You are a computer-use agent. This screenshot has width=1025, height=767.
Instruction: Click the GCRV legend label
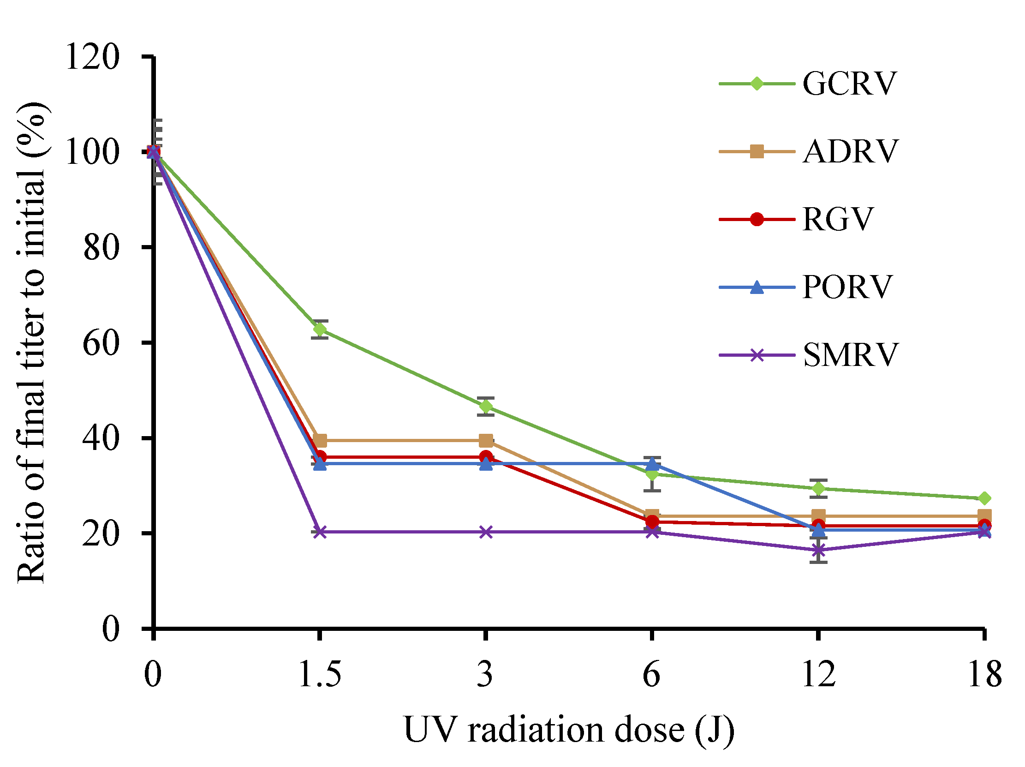point(849,84)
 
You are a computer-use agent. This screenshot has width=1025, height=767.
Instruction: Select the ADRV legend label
point(850,151)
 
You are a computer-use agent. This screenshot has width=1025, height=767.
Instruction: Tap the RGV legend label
point(838,219)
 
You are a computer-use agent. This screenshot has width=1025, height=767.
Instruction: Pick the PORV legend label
point(847,287)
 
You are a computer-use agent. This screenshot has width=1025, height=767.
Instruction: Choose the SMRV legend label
point(850,355)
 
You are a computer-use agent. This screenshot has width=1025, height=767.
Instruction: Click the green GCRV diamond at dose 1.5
point(320,330)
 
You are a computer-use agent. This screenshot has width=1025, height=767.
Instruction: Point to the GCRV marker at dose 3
point(486,407)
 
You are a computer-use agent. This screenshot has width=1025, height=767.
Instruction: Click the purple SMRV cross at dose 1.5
point(320,532)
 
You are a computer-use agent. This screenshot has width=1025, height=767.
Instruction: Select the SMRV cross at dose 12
point(819,550)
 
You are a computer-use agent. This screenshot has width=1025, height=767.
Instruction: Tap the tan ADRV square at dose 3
point(486,440)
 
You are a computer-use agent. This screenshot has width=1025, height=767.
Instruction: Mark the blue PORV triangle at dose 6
point(652,463)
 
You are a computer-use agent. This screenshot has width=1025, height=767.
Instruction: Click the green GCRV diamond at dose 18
point(985,498)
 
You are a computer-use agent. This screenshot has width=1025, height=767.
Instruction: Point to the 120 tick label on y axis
point(93,58)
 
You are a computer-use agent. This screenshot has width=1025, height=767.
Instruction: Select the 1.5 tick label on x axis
point(320,674)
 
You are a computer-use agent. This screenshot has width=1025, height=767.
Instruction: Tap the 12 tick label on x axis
point(819,674)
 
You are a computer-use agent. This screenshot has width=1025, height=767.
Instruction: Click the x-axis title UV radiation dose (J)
point(569,730)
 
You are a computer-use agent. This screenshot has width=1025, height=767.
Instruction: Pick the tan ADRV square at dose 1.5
point(320,440)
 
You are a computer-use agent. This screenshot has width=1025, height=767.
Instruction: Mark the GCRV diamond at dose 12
point(819,488)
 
